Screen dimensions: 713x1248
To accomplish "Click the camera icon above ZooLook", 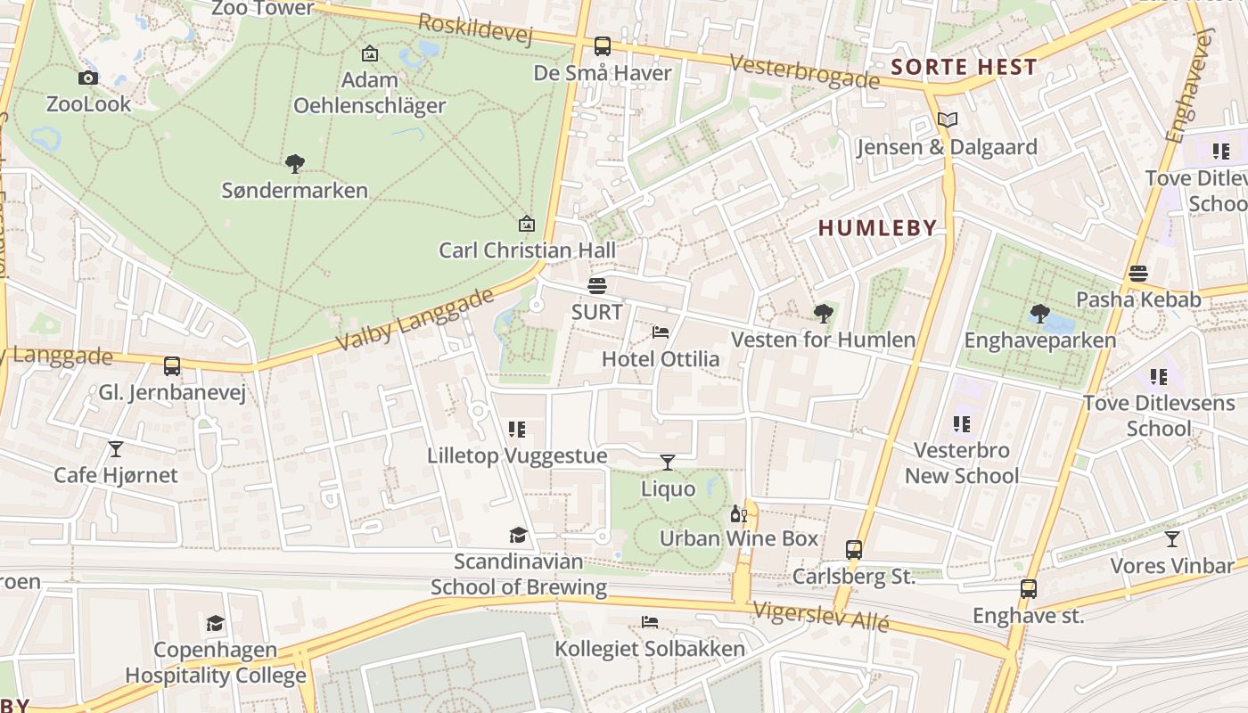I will pyautogui.click(x=87, y=78).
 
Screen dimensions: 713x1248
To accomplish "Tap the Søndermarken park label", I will pyautogui.click(x=294, y=190).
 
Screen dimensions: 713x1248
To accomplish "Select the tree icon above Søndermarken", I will pyautogui.click(x=294, y=163).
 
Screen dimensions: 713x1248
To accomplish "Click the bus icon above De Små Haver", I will pyautogui.click(x=603, y=46).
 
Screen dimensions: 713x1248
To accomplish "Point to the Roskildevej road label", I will pyautogui.click(x=475, y=29).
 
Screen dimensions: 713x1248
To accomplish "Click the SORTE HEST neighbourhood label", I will pyautogui.click(x=964, y=67).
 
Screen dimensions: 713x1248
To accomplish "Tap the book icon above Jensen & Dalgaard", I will pyautogui.click(x=947, y=120).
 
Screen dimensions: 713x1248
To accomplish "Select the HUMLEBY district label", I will pyautogui.click(x=877, y=228).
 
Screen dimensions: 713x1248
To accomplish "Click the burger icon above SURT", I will pyautogui.click(x=597, y=286).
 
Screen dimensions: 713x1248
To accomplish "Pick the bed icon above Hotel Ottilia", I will pyautogui.click(x=661, y=332).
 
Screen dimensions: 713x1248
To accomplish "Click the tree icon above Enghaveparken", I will pyautogui.click(x=1039, y=313).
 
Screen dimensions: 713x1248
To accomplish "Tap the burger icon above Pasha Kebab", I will pyautogui.click(x=1138, y=273).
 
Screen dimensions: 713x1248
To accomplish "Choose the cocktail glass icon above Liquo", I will pyautogui.click(x=668, y=462).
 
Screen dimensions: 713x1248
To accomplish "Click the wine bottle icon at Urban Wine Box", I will pyautogui.click(x=738, y=513).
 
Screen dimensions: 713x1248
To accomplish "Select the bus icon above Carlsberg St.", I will pyautogui.click(x=854, y=549).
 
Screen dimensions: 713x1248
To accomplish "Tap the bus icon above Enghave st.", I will pyautogui.click(x=1029, y=588).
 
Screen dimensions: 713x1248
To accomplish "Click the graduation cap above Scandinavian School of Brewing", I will pyautogui.click(x=518, y=535).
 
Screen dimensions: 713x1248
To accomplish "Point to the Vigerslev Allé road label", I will pyautogui.click(x=821, y=616).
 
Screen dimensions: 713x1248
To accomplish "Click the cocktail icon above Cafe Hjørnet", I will pyautogui.click(x=116, y=448).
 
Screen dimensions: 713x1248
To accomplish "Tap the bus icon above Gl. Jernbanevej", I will pyautogui.click(x=172, y=365).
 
